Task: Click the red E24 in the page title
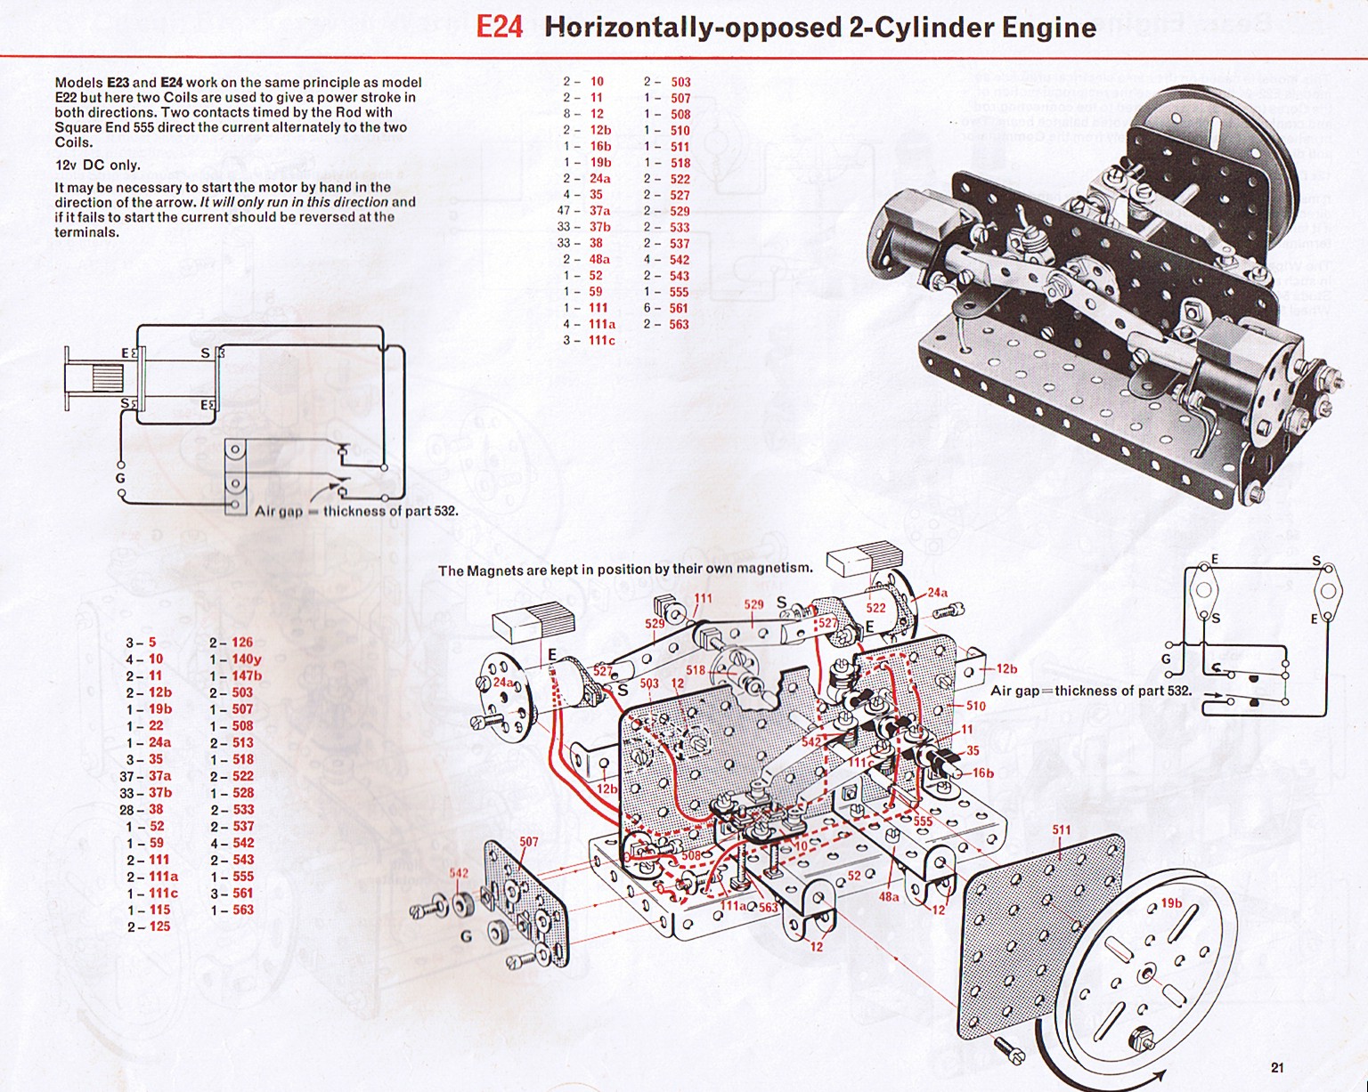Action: tap(499, 27)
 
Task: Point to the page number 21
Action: tap(1278, 1067)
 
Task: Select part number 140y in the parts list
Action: tap(247, 659)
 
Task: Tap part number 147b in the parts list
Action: tap(247, 675)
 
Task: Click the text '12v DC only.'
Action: tap(97, 165)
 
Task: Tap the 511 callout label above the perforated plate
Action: tap(1061, 830)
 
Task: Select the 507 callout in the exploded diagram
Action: tap(529, 841)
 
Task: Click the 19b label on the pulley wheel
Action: tap(1171, 904)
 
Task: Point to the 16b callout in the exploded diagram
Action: tap(982, 773)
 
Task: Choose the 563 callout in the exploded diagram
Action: tap(768, 908)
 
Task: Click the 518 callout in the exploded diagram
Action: tap(696, 670)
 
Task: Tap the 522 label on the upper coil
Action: tap(876, 608)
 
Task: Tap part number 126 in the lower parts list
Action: tap(242, 643)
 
